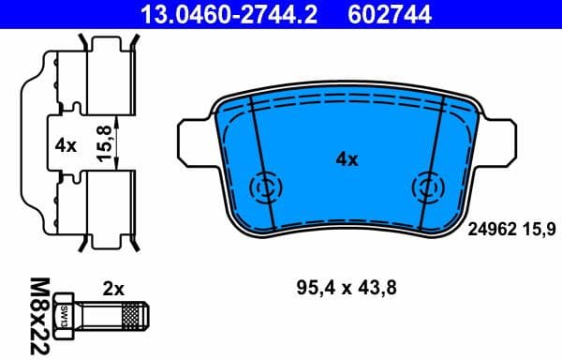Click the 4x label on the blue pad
(347, 159)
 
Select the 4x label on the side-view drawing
(65, 146)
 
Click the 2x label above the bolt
(113, 291)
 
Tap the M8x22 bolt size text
(38, 313)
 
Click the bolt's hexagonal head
(68, 313)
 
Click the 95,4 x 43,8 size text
(346, 290)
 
